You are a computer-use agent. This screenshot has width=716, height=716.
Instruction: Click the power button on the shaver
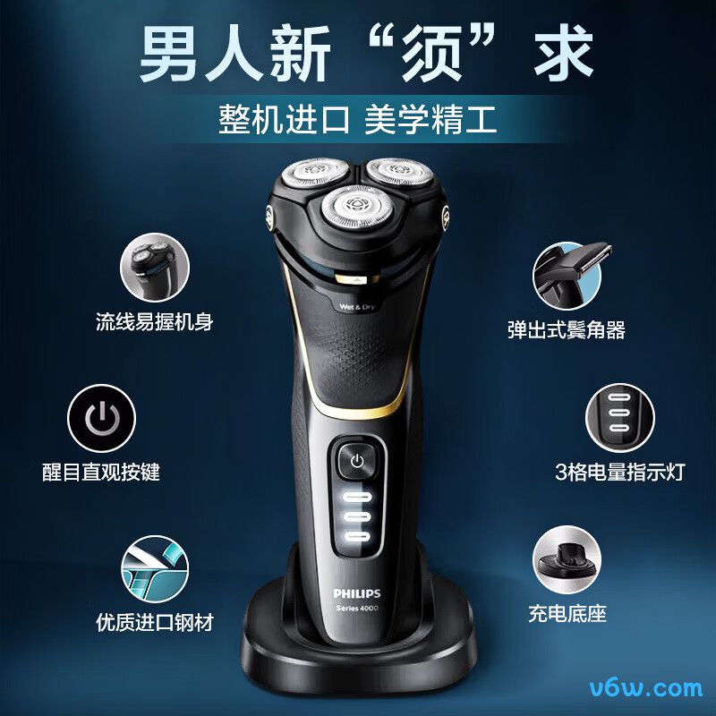[357, 462]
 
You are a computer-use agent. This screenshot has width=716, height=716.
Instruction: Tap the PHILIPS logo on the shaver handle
[356, 593]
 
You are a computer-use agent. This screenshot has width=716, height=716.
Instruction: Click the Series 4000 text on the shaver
[357, 608]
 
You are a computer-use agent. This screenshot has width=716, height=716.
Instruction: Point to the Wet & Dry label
[356, 306]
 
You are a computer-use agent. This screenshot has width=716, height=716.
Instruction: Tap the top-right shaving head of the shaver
[399, 171]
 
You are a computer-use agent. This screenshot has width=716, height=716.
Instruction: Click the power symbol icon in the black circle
[101, 418]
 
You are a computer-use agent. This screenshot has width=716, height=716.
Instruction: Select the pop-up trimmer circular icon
[567, 277]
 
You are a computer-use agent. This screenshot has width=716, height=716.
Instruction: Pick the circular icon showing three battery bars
[619, 417]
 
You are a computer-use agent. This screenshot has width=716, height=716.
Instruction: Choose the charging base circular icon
[567, 559]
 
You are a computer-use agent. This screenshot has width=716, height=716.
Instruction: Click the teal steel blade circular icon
[155, 569]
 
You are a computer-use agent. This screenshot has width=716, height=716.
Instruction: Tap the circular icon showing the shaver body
[154, 267]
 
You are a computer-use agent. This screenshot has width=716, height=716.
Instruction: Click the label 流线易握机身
[154, 321]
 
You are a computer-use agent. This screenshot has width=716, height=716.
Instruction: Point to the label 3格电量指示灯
[619, 472]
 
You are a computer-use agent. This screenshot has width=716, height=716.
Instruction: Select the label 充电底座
[567, 613]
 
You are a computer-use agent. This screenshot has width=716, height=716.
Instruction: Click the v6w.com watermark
[645, 688]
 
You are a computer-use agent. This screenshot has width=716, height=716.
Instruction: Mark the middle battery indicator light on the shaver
[357, 517]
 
